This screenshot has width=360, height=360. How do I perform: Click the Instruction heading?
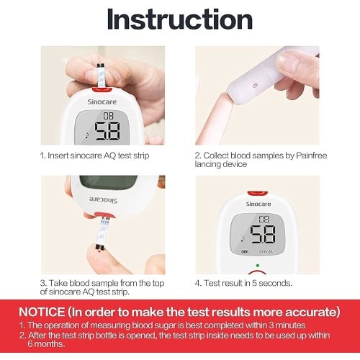pos(180,19)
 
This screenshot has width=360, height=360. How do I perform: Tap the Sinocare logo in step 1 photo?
pos(102,102)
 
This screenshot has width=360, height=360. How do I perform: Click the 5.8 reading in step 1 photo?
pos(107,131)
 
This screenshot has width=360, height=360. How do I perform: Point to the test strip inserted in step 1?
pos(101,76)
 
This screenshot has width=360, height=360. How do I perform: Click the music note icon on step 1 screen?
pos(87,135)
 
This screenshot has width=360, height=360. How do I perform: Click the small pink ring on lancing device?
pos(255,85)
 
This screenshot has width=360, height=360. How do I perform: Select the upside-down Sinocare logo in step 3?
pos(103,199)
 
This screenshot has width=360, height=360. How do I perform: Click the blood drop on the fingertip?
pos(99,252)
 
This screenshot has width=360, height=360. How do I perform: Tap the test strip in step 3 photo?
pos(103,233)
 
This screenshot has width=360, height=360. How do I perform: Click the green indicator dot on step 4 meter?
pos(258,266)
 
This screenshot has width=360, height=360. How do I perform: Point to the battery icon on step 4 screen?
pos(245,252)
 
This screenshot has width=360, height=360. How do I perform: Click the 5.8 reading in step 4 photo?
pos(263,234)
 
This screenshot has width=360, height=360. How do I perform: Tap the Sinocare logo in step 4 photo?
pos(258,204)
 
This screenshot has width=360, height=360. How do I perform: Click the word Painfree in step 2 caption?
pos(311,156)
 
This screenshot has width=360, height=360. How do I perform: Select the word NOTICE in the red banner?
pos(42,312)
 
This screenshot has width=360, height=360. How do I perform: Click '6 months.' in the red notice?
pos(46,344)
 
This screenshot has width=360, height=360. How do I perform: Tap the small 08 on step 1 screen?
pos(108,116)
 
